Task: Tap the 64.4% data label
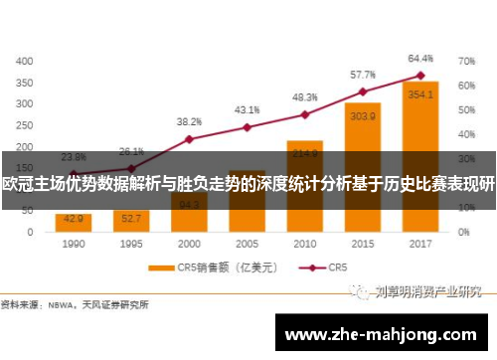420,59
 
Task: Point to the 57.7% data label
363,75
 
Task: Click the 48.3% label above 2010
305,97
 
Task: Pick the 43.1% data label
248,109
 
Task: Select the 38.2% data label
189,121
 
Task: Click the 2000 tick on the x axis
189,242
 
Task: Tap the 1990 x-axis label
74,242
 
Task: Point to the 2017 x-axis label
420,242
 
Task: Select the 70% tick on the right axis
465,61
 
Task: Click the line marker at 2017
420,76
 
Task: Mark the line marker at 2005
247,127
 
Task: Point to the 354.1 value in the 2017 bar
420,94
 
